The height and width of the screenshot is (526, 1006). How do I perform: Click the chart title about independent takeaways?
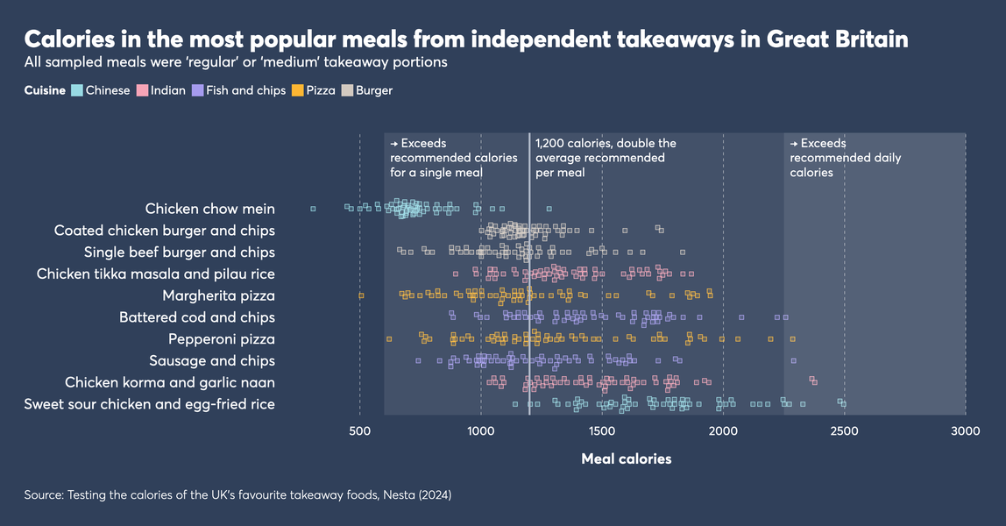[x=465, y=39]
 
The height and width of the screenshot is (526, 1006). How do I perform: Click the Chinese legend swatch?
[x=77, y=90]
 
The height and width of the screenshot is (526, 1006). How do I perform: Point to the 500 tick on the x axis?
[x=359, y=431]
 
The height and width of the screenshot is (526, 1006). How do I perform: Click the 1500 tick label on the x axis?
[x=602, y=431]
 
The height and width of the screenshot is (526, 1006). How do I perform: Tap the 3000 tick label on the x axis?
[x=965, y=431]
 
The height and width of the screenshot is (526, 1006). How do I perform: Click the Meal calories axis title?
[x=626, y=458]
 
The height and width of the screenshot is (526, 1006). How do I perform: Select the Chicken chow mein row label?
[x=209, y=209]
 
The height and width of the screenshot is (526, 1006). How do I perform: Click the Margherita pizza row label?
[x=218, y=295]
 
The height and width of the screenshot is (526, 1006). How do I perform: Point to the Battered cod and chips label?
[x=196, y=317]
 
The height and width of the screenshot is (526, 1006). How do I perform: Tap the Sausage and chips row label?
[x=211, y=360]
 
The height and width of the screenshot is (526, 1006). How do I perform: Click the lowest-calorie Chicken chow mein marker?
[x=313, y=209]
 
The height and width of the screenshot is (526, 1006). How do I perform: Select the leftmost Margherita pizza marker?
[x=361, y=295]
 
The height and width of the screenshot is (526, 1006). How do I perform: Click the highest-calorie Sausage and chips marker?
[x=793, y=360]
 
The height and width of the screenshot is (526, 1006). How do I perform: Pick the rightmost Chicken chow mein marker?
[x=549, y=209]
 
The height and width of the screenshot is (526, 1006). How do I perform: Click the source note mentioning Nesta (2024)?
[x=237, y=495]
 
